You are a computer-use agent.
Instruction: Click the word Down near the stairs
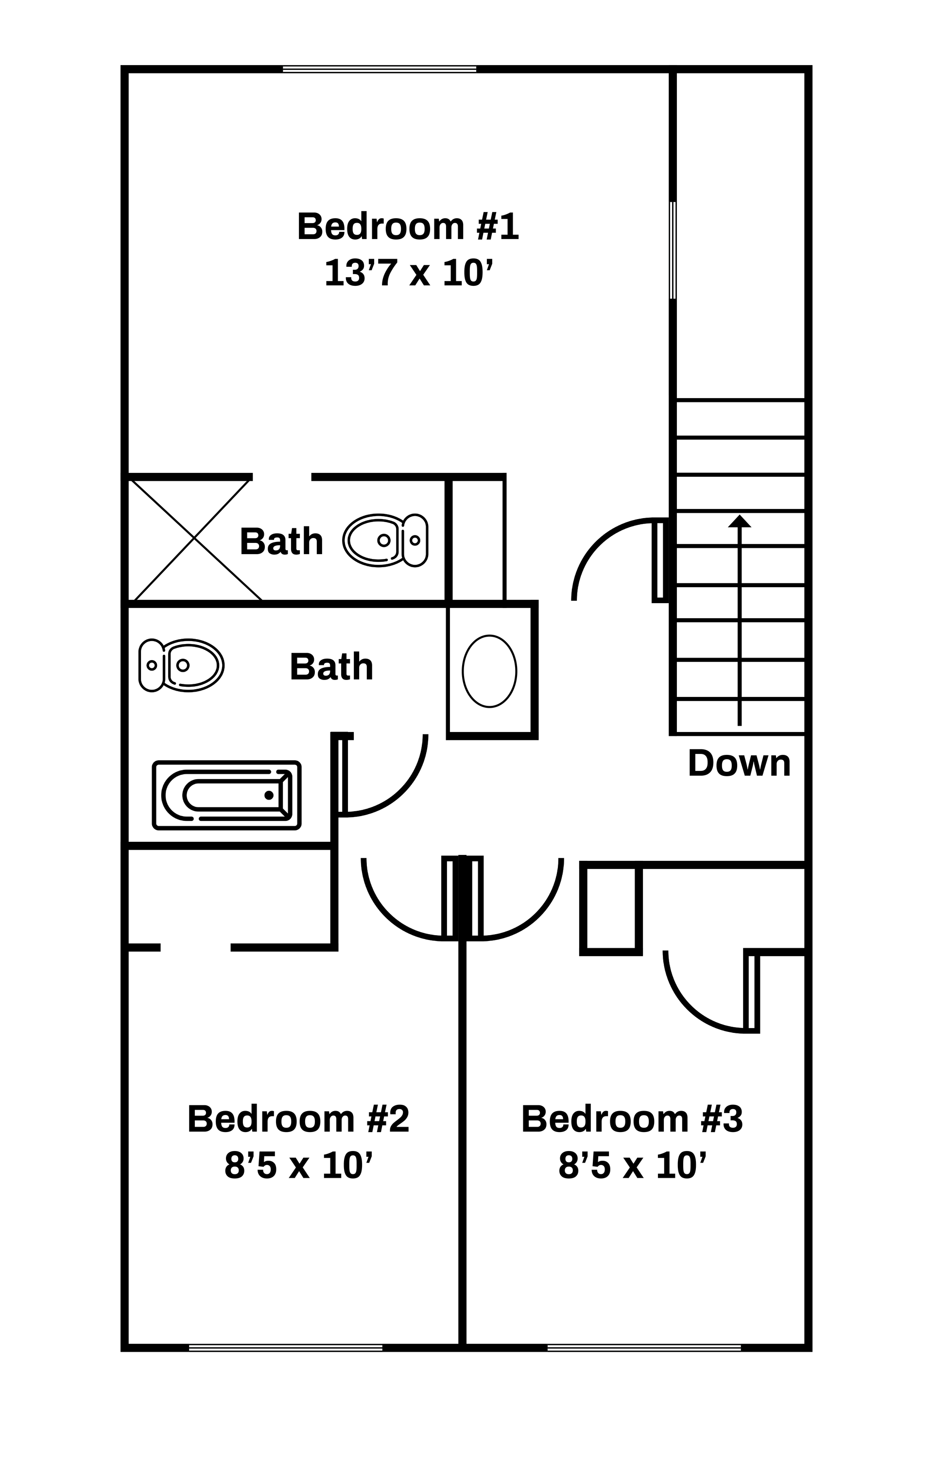click(x=739, y=763)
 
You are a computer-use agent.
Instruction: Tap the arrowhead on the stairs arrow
click(x=740, y=522)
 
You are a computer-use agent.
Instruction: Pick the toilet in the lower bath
click(x=182, y=666)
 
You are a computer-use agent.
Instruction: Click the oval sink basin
click(x=489, y=671)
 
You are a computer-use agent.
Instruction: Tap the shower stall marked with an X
click(x=193, y=539)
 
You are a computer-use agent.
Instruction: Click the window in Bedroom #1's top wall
click(x=380, y=70)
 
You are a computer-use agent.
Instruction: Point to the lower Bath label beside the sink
click(x=331, y=667)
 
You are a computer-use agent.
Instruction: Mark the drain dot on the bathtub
click(x=269, y=795)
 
